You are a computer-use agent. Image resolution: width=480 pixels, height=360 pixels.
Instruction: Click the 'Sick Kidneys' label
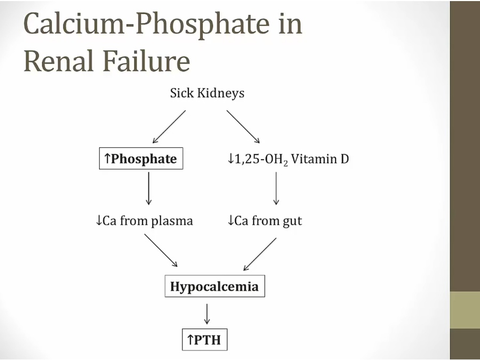click(x=207, y=93)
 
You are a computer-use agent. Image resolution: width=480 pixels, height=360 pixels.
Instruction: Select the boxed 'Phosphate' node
click(x=141, y=159)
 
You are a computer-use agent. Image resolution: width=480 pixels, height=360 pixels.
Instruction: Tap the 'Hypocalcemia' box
click(x=214, y=286)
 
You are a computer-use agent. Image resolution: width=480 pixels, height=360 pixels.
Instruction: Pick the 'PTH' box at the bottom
click(x=204, y=339)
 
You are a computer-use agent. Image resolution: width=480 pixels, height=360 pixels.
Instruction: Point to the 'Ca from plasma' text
click(x=144, y=220)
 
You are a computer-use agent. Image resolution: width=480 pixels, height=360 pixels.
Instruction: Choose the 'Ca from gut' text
click(x=265, y=220)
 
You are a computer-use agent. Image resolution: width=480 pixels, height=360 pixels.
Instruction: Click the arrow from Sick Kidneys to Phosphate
click(x=169, y=126)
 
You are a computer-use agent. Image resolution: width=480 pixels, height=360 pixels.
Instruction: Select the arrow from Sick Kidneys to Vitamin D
click(x=243, y=126)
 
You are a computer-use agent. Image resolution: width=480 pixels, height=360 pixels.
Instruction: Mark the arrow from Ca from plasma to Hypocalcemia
click(x=161, y=251)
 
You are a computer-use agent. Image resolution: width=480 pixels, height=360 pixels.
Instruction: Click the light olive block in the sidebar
click(x=465, y=310)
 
